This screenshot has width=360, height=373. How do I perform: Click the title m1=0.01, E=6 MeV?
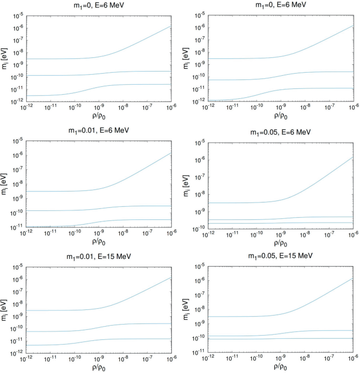coord(97,130)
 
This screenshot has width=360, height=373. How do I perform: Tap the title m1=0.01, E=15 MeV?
coord(97,256)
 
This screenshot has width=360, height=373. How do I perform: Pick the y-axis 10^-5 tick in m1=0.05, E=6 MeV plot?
coord(199,143)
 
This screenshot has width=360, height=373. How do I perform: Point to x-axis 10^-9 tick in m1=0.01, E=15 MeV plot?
coord(98,358)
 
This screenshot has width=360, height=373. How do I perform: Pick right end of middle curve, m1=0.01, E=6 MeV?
coord(171,206)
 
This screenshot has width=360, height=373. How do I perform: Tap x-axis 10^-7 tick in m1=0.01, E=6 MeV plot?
coord(147,233)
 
